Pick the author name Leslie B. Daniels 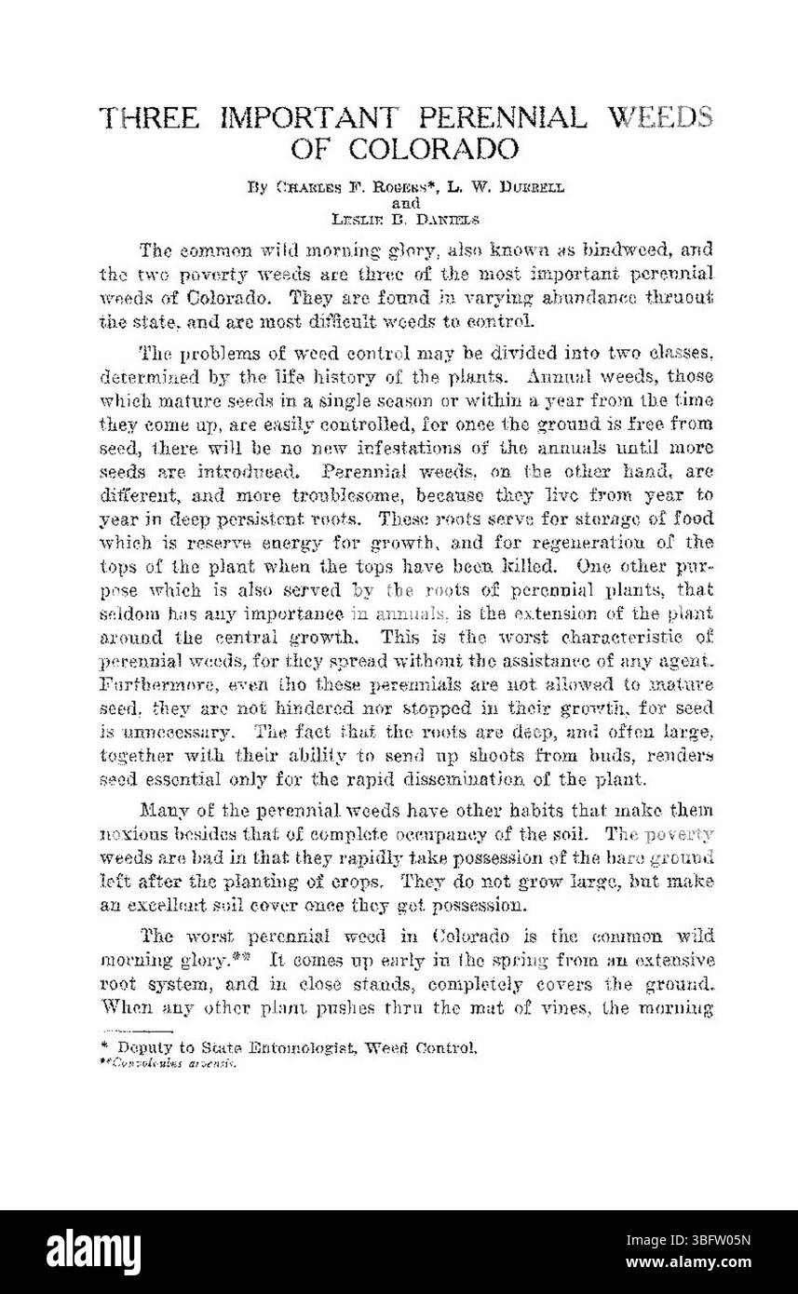tap(402, 218)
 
